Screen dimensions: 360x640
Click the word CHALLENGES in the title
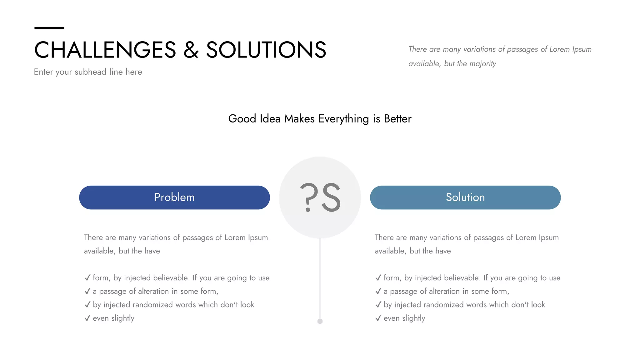pyautogui.click(x=105, y=50)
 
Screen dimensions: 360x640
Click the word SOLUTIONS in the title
pyautogui.click(x=266, y=50)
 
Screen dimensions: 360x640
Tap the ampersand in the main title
pyautogui.click(x=191, y=50)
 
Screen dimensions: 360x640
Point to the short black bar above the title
pyautogui.click(x=49, y=28)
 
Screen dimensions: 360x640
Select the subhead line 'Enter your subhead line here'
pyautogui.click(x=88, y=72)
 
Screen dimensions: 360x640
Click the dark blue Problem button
pyautogui.click(x=174, y=197)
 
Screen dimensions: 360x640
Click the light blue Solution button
pyautogui.click(x=465, y=197)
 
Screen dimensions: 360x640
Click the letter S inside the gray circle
pyautogui.click(x=331, y=197)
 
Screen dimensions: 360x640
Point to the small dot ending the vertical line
pyautogui.click(x=320, y=321)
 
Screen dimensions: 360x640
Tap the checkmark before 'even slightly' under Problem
pyautogui.click(x=87, y=318)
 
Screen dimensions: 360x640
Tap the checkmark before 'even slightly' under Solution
pyautogui.click(x=378, y=318)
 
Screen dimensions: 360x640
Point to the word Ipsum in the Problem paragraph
pyautogui.click(x=258, y=237)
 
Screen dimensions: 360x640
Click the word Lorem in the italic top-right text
pyautogui.click(x=559, y=49)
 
